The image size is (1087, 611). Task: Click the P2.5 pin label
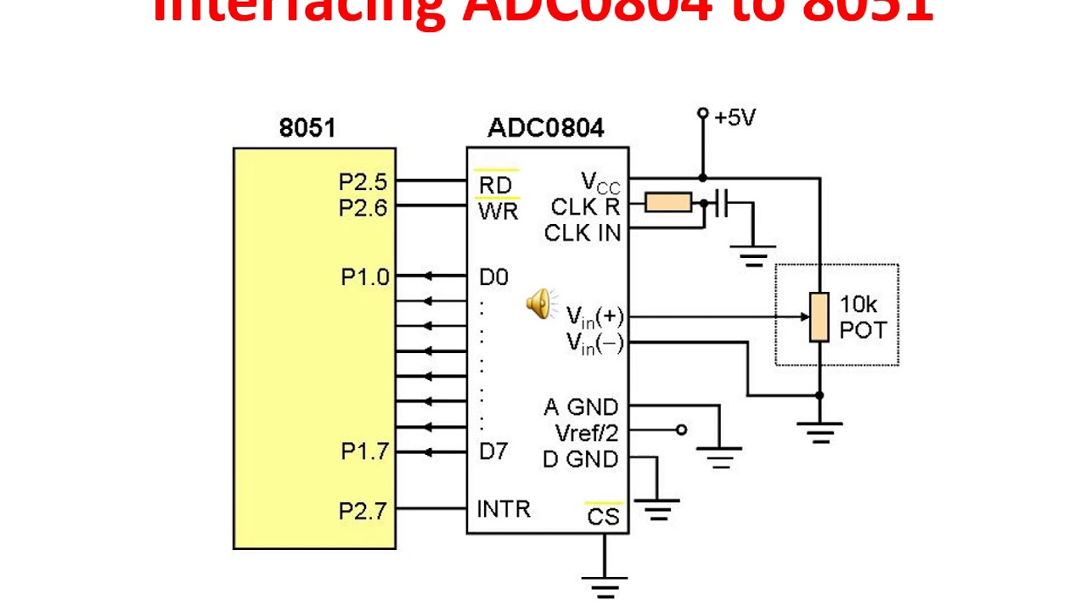tap(363, 182)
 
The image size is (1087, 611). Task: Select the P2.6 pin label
tap(363, 207)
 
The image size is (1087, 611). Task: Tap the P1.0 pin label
tap(364, 277)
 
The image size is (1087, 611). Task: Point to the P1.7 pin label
tap(364, 451)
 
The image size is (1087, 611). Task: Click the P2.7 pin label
tap(363, 511)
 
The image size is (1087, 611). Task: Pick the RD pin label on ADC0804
tap(496, 184)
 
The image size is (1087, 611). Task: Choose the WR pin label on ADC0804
tap(498, 210)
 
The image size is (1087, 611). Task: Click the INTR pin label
tap(503, 509)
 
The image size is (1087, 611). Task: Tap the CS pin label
tap(603, 516)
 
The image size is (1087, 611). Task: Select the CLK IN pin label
tap(582, 232)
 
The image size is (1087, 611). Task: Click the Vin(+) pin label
tap(594, 317)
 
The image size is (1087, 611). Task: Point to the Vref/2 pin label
tap(587, 433)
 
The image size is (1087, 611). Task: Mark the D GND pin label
tap(581, 459)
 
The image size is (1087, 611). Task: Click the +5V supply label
tap(735, 117)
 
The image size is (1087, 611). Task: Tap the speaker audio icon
tap(539, 303)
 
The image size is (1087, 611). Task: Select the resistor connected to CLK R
tap(667, 203)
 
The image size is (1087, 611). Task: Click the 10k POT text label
tap(863, 317)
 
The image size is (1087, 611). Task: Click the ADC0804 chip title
tap(546, 128)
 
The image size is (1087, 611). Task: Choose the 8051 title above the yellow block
tap(307, 128)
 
